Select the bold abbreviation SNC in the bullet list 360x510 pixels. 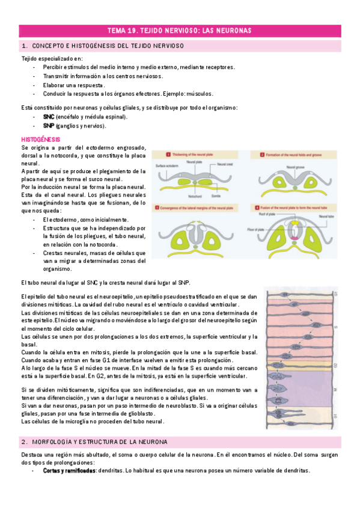click(49, 116)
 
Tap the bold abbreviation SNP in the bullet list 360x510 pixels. click(49, 126)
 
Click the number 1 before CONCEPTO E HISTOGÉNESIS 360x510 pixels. click(23, 46)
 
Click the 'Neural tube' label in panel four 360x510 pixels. click(328, 215)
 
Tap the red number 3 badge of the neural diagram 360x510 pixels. click(156, 207)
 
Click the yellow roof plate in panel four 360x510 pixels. click(294, 222)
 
